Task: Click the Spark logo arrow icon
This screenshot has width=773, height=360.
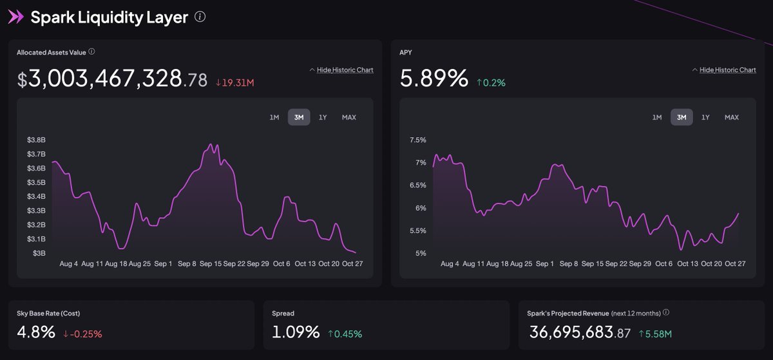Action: pos(15,17)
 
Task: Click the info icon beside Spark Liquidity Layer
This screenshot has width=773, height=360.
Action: pos(200,17)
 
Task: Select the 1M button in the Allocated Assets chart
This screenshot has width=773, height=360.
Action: pos(274,117)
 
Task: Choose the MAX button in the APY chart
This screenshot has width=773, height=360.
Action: pos(731,117)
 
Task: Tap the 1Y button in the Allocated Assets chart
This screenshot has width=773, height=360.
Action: pos(323,117)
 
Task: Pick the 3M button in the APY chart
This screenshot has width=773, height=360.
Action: pos(682,117)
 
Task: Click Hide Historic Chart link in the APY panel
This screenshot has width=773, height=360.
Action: pos(727,70)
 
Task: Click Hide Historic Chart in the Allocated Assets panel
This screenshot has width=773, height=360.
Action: pos(345,70)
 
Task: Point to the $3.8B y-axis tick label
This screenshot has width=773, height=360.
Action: pos(36,140)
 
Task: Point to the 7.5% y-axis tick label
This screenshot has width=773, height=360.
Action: pos(418,140)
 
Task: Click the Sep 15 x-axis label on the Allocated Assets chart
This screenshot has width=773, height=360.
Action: pos(211,263)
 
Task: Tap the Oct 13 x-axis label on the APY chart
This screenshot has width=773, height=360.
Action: pos(687,263)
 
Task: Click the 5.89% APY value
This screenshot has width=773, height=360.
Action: pos(434,79)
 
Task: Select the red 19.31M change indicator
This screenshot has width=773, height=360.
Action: pos(234,82)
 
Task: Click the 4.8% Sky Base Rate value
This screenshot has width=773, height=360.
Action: pos(35,332)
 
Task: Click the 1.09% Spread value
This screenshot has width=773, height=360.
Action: pos(296,332)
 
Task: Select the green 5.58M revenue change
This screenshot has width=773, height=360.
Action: pos(656,334)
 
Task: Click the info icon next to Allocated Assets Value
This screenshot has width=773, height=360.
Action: pos(92,52)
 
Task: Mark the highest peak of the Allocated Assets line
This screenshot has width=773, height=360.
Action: pos(211,144)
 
